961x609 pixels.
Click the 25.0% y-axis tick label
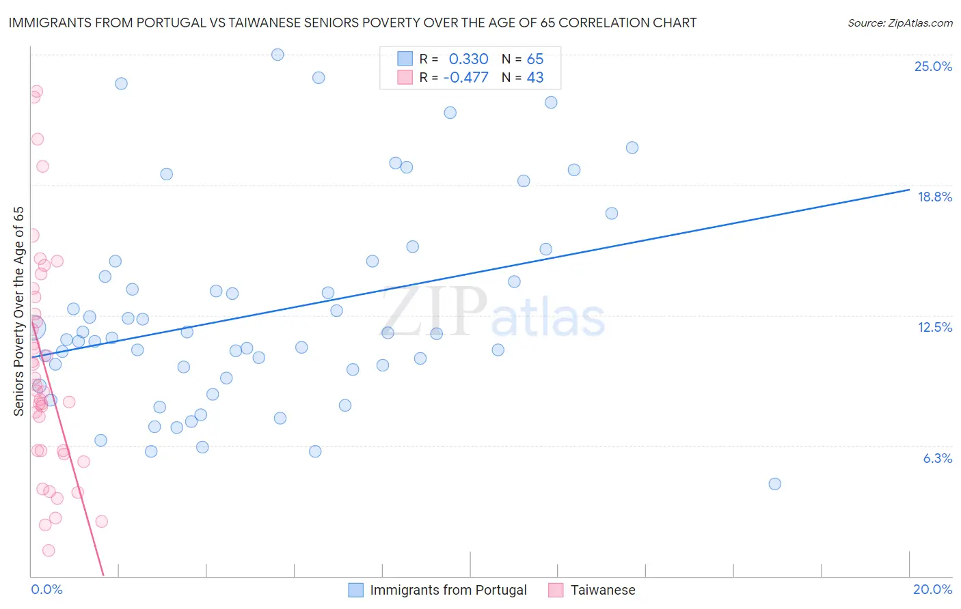click(x=933, y=66)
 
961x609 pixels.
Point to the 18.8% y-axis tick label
click(x=934, y=197)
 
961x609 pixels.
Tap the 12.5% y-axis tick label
click(x=934, y=327)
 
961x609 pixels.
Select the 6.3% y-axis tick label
click(x=937, y=458)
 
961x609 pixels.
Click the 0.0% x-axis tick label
click(x=46, y=589)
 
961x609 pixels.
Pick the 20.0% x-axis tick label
click(x=932, y=589)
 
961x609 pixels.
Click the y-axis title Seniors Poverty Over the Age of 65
click(x=18, y=311)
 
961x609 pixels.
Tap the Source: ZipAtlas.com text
click(x=899, y=23)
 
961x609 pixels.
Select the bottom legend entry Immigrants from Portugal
click(x=448, y=590)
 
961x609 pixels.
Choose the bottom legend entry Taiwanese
click(x=602, y=590)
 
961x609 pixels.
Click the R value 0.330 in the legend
click(x=468, y=59)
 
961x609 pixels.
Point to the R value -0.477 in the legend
click(x=465, y=77)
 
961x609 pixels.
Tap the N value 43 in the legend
click(x=534, y=77)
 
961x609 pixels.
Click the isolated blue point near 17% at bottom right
click(x=774, y=484)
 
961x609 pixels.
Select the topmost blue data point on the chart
click(x=278, y=55)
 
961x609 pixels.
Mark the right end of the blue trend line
click(x=909, y=190)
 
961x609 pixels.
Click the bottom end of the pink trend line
click(x=103, y=576)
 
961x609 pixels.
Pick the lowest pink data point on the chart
click(x=49, y=550)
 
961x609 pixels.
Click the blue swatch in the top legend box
click(x=405, y=59)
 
